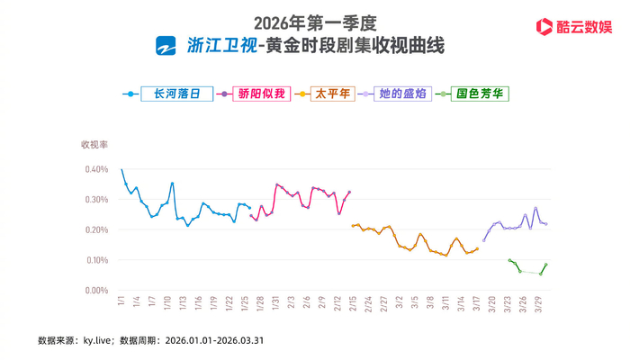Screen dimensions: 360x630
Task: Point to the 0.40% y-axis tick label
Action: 96,168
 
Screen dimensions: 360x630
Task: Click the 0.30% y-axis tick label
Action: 96,199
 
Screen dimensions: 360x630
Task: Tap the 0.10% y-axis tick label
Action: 96,260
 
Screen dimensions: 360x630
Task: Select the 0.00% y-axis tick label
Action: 96,291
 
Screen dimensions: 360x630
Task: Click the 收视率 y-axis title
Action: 94,144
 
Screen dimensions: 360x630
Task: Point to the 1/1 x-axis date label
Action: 121,302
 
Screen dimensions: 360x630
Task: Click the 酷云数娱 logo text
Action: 584,27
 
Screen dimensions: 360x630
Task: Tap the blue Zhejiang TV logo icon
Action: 166,45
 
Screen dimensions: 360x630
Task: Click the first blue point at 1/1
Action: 121,169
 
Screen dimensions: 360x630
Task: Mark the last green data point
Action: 546,265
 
